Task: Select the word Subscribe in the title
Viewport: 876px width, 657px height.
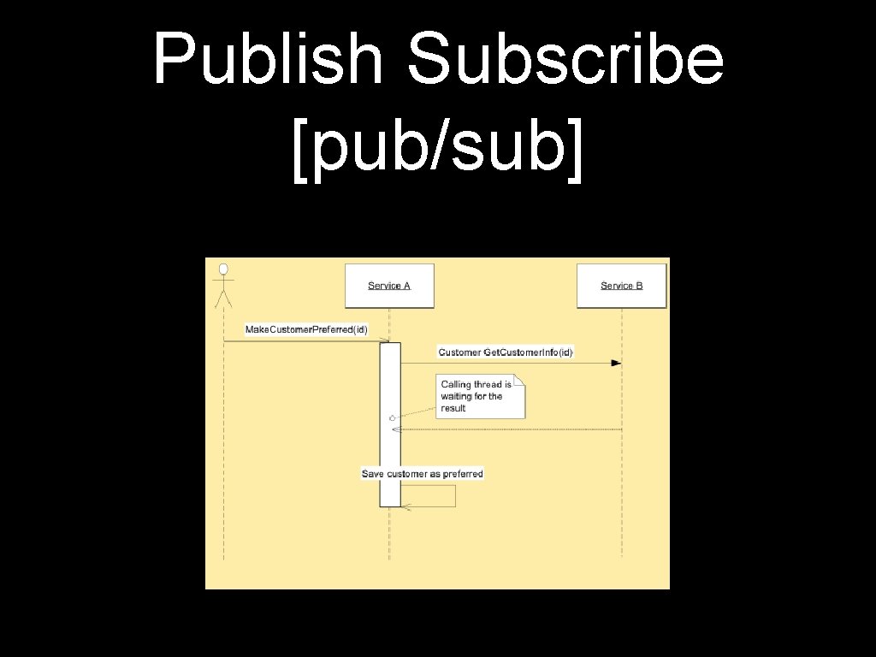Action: (x=565, y=60)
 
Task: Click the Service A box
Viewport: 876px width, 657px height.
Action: (x=389, y=286)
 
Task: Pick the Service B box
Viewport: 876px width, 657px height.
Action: (x=622, y=286)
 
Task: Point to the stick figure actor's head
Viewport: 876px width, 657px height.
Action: (x=223, y=269)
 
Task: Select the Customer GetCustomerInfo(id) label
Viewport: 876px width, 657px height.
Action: (x=506, y=352)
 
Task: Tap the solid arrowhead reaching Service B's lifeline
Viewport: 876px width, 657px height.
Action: (x=616, y=363)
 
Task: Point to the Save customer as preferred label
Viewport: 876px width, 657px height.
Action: (x=422, y=474)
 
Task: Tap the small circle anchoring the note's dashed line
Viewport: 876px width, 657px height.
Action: (x=391, y=417)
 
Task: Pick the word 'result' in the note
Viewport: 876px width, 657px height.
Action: (x=453, y=409)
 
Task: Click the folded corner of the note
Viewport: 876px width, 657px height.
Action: (x=519, y=380)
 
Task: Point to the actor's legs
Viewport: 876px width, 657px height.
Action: (x=223, y=300)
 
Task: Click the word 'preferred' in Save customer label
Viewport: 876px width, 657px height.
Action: (x=463, y=474)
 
